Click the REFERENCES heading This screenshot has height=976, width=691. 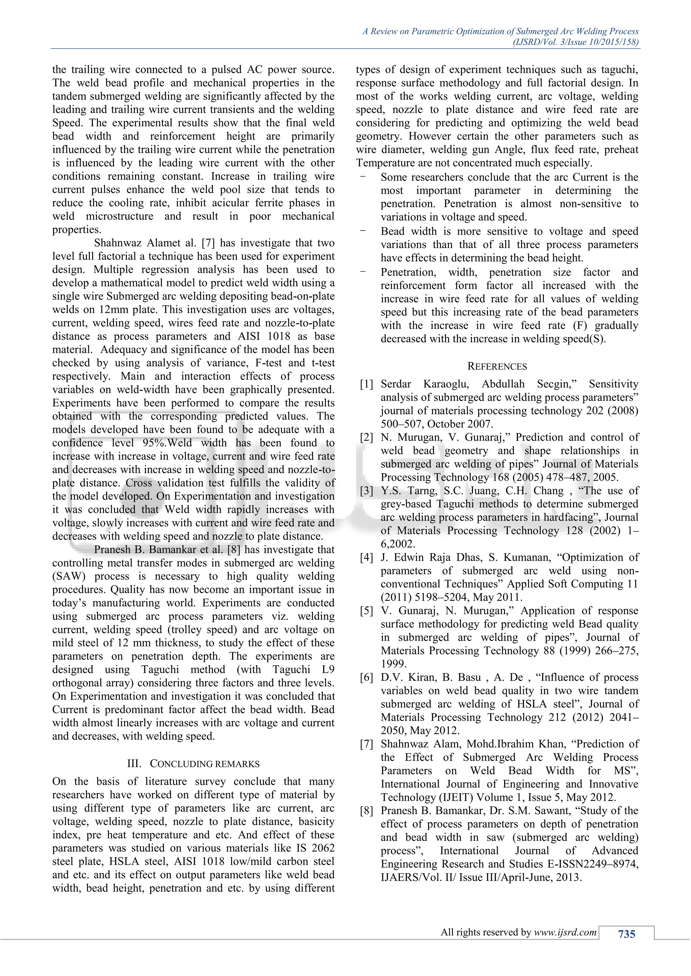point(497,366)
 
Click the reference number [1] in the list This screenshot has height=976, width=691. point(366,384)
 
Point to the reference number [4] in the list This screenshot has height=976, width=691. point(366,557)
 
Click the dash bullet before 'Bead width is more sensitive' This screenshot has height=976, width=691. point(362,231)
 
